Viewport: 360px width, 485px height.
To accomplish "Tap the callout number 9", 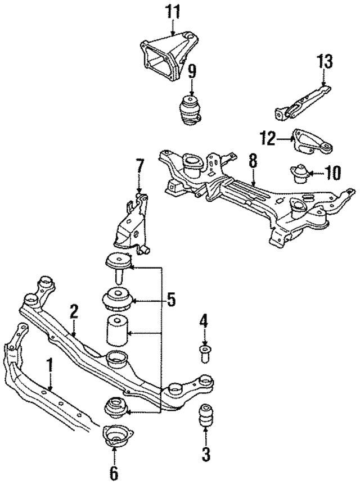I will [x=192, y=71].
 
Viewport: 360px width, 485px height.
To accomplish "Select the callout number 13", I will [x=325, y=61].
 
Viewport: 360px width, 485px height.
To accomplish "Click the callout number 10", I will [x=332, y=172].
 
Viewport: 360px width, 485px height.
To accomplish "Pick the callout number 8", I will [x=253, y=162].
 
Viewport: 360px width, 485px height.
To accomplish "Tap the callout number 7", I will [x=139, y=167].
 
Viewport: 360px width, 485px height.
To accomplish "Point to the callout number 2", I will [x=74, y=311].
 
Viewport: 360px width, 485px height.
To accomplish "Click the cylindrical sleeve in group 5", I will [x=116, y=332].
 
